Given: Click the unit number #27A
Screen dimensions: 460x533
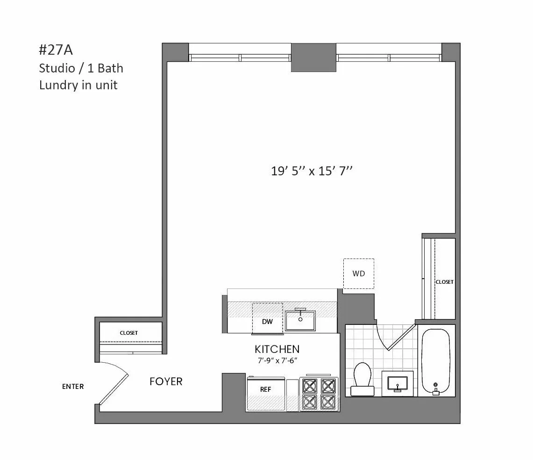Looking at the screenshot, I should [56, 50].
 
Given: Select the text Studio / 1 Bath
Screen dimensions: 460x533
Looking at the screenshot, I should [81, 68].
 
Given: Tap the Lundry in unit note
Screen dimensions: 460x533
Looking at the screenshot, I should [78, 85].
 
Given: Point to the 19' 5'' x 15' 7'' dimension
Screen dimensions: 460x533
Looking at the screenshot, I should [311, 171].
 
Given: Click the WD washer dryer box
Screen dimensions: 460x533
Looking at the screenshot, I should [358, 273].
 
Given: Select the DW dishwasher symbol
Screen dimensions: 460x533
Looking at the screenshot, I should [267, 321].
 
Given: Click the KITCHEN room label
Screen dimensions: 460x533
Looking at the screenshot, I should [277, 349].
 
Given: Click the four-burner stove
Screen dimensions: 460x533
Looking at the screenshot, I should [320, 393].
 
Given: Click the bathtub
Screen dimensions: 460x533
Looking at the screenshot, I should [436, 361].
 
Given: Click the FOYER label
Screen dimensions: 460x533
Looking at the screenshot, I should [166, 381].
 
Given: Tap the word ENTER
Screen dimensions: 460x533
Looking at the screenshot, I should [73, 387].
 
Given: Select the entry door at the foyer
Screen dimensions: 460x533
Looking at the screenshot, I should [114, 383].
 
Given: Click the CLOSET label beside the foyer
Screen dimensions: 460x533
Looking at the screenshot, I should [128, 333].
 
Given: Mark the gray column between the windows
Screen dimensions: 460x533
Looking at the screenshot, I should [313, 57].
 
